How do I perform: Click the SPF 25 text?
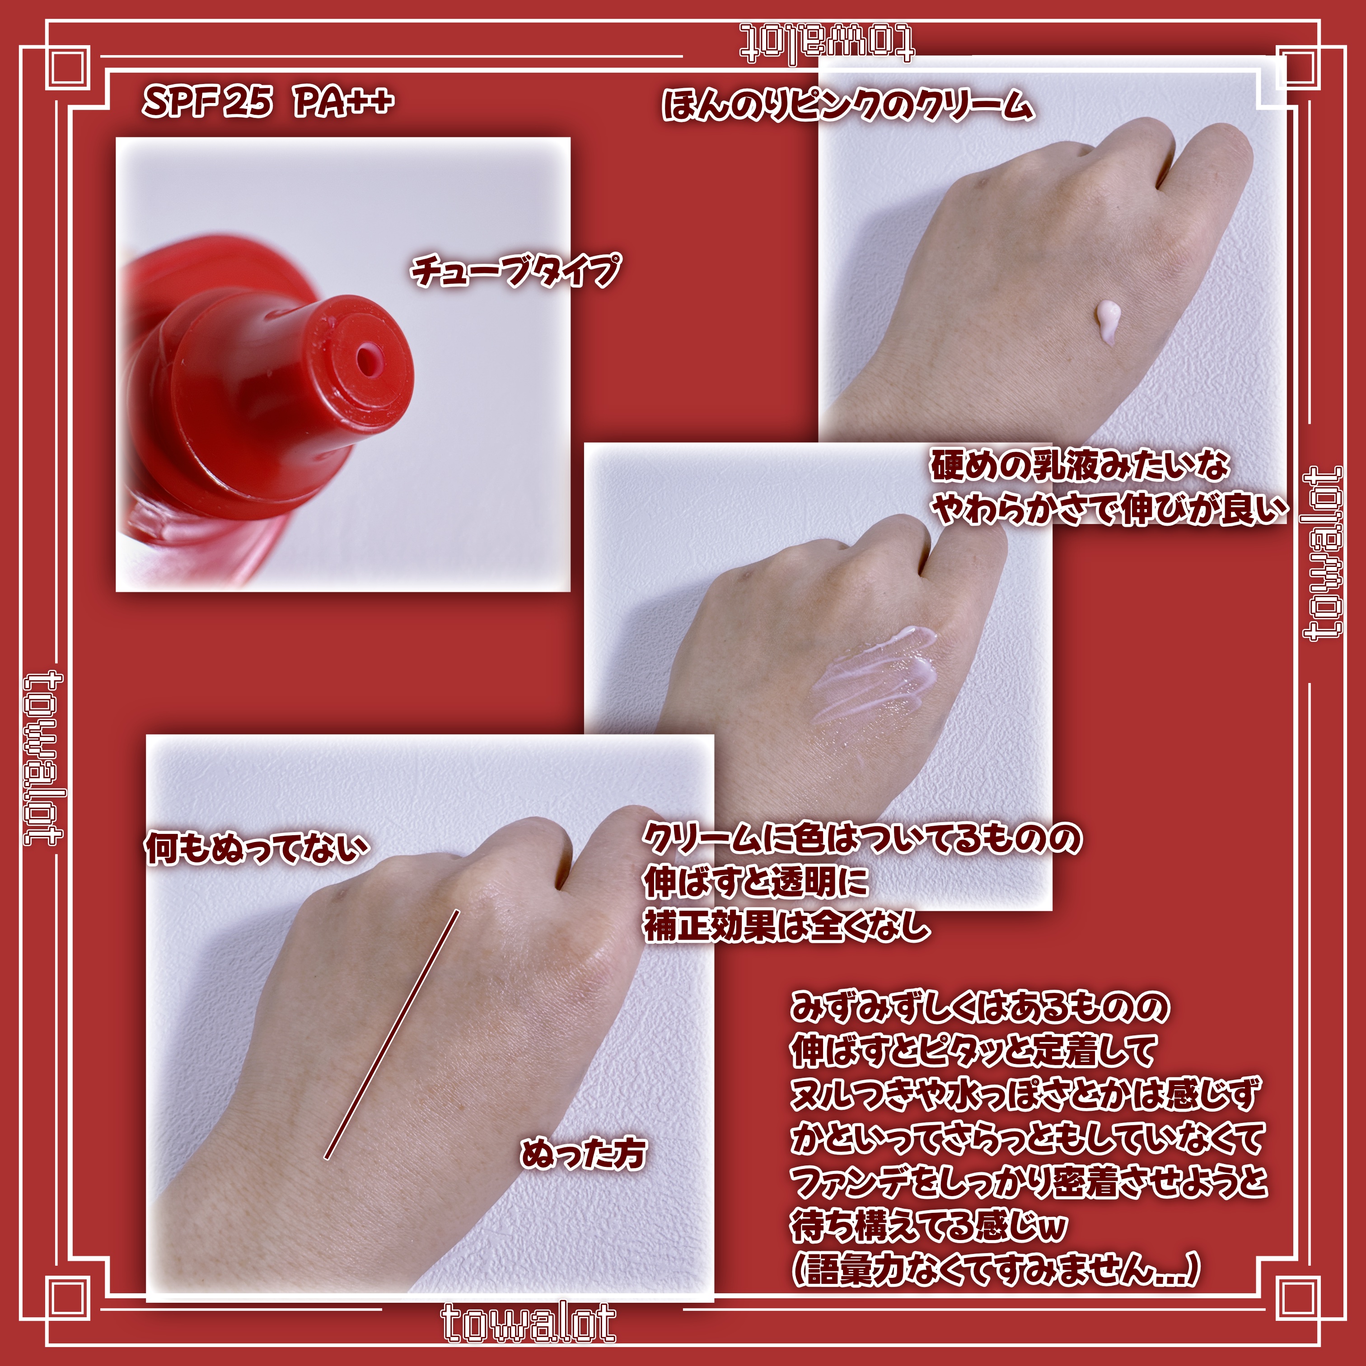click(x=207, y=102)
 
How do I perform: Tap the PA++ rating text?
click(x=344, y=102)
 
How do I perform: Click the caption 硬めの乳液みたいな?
click(x=1080, y=465)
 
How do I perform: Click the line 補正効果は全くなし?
click(x=786, y=926)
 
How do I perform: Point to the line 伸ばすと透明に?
click(x=756, y=882)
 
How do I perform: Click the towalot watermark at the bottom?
click(x=528, y=1323)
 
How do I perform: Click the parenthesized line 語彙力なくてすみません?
click(x=996, y=1270)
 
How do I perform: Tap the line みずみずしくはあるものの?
click(x=980, y=1006)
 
